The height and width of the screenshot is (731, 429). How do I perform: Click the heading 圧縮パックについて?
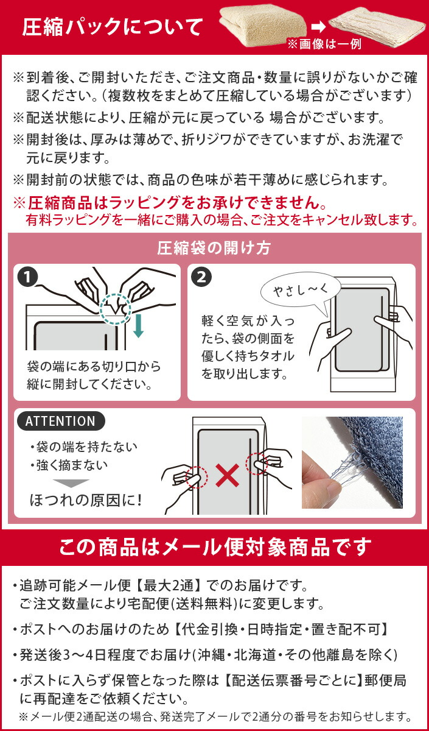[x=113, y=27]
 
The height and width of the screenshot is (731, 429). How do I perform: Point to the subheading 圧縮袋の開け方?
[x=214, y=249]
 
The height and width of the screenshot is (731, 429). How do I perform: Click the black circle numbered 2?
[x=201, y=277]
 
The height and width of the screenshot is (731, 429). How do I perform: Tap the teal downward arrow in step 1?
[x=138, y=325]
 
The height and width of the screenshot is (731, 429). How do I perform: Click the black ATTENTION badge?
[x=61, y=421]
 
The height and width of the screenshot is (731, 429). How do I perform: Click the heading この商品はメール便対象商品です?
[x=214, y=547]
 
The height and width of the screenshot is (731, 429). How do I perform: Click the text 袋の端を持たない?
[x=84, y=447]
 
